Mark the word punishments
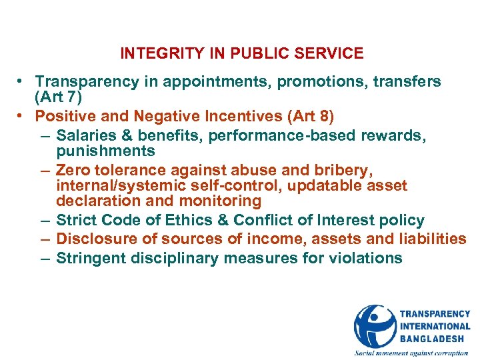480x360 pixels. (x=105, y=152)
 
